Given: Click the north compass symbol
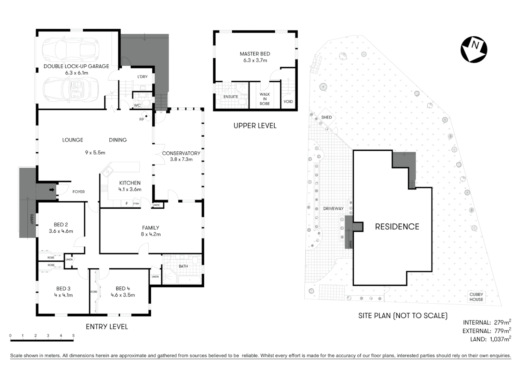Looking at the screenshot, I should (x=473, y=49).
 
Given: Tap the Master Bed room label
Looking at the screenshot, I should (x=255, y=57).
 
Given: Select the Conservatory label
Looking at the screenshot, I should (x=181, y=156).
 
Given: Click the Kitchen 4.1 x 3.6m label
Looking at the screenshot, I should (x=130, y=186).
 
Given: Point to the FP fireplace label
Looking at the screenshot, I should (x=141, y=120).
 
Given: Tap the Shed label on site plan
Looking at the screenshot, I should (x=326, y=117).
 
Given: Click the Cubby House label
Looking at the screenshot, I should (x=476, y=297).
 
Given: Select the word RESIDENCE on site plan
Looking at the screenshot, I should (x=397, y=227).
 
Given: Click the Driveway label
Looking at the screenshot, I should (x=333, y=208).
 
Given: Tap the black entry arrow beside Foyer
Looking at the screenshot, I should (x=52, y=190).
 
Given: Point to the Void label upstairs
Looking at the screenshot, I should (x=288, y=101).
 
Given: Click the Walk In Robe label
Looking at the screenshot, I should (x=264, y=99).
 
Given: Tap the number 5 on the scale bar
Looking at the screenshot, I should (x=73, y=336).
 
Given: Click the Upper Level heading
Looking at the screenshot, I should (x=255, y=126).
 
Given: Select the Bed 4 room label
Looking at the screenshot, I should (x=123, y=291).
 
